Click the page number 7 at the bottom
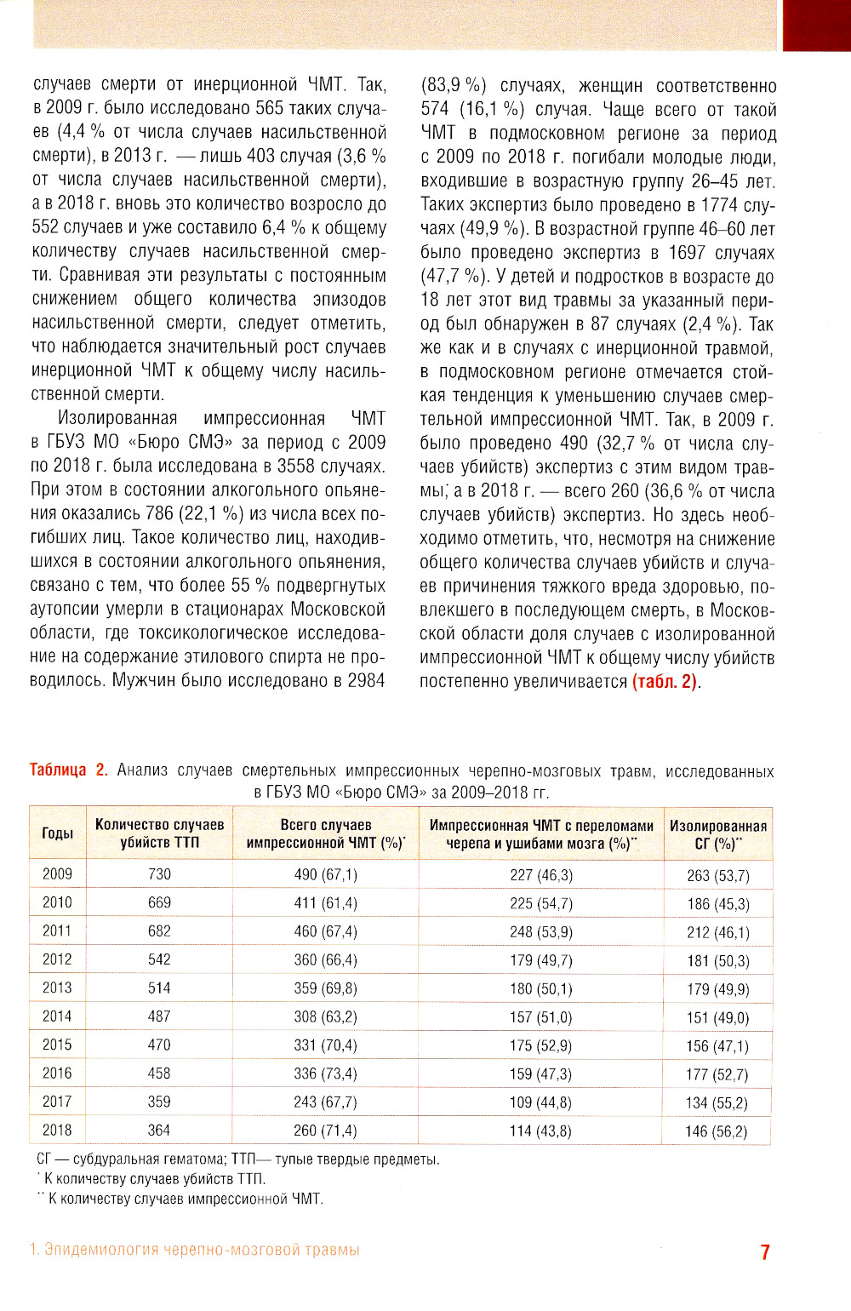(x=765, y=1251)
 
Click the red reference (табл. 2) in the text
(x=665, y=682)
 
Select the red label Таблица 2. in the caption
(x=68, y=770)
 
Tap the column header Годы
(x=58, y=833)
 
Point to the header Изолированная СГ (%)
(x=717, y=834)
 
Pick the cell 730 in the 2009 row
(x=159, y=874)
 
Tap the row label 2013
(x=58, y=988)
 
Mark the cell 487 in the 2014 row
(x=159, y=1016)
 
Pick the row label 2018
(x=58, y=1131)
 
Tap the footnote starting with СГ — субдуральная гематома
(x=238, y=1159)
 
